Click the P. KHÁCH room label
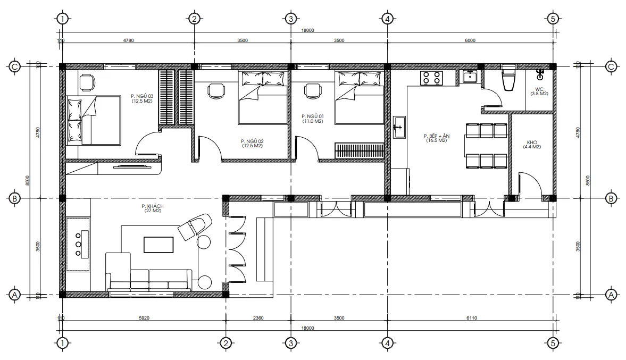pyautogui.click(x=152, y=208)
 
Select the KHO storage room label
pyautogui.click(x=532, y=145)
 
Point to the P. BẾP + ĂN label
pyautogui.click(x=435, y=138)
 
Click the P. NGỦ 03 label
pyautogui.click(x=141, y=98)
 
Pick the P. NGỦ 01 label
pyautogui.click(x=312, y=118)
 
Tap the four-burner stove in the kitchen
pyautogui.click(x=431, y=78)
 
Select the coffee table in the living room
pyautogui.click(x=158, y=245)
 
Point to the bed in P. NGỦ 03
pyautogui.click(x=93, y=120)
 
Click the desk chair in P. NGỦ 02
pyautogui.click(x=216, y=90)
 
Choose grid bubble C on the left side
pyautogui.click(x=15, y=66)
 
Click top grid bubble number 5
pyautogui.click(x=553, y=19)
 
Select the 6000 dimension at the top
pyautogui.click(x=470, y=40)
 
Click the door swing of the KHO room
pyautogui.click(x=530, y=183)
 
